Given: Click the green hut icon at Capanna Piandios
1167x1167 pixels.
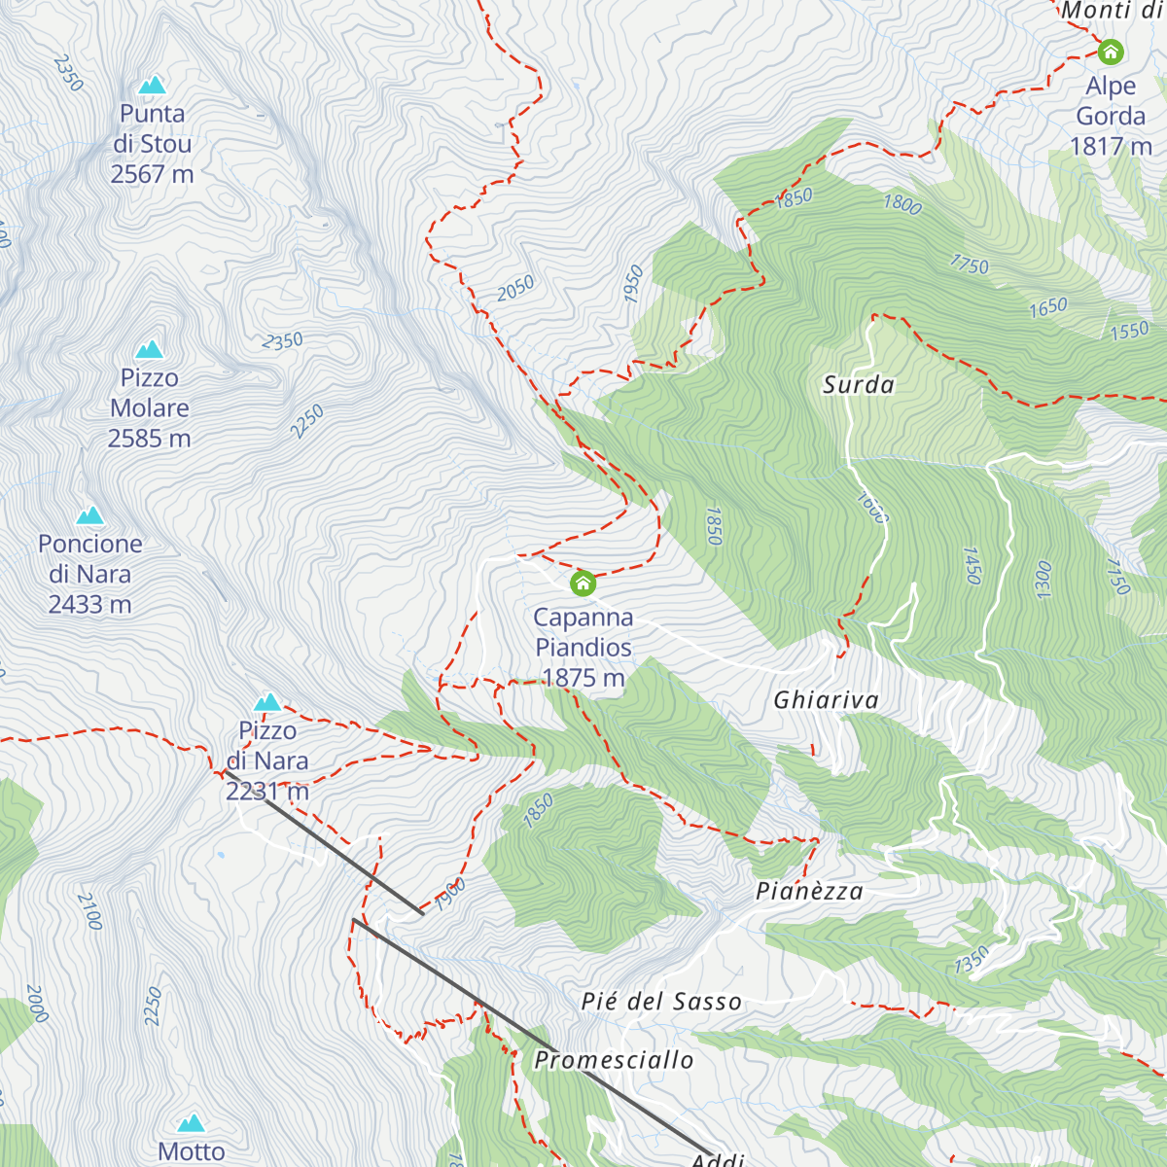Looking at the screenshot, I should pos(583,583).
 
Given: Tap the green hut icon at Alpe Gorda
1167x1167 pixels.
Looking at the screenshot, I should pos(1110,52).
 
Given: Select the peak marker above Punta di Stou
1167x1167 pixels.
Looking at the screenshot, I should pos(152,86).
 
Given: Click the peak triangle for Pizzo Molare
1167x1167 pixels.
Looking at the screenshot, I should pos(149,349).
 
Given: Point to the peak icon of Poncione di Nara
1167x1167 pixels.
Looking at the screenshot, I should pos(90,514).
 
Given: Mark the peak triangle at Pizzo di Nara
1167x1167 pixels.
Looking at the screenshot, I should pos(267,702).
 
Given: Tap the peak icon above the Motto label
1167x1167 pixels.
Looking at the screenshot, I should pos(191,1123).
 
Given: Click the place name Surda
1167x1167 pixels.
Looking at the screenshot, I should pos(859,385).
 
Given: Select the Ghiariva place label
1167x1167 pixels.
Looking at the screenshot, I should pos(826,700).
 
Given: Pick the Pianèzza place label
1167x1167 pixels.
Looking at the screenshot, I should pos(809,891).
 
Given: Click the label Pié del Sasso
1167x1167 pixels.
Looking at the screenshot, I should pos(661,1002).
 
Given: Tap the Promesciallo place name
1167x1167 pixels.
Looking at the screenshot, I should pos(615,1060).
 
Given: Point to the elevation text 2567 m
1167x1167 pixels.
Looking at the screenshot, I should pos(152,174).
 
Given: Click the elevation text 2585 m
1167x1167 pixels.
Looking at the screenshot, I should pos(149,439).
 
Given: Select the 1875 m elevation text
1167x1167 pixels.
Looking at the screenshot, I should pos(583,678).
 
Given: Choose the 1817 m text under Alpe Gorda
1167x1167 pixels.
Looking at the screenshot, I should pos(1111,147).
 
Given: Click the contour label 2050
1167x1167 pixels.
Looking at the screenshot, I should pos(515,288).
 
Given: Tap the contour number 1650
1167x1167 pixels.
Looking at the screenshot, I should pos(1048,308).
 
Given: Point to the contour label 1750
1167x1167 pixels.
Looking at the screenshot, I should pos(969,264).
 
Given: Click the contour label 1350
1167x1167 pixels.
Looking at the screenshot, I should pos(971,959).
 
